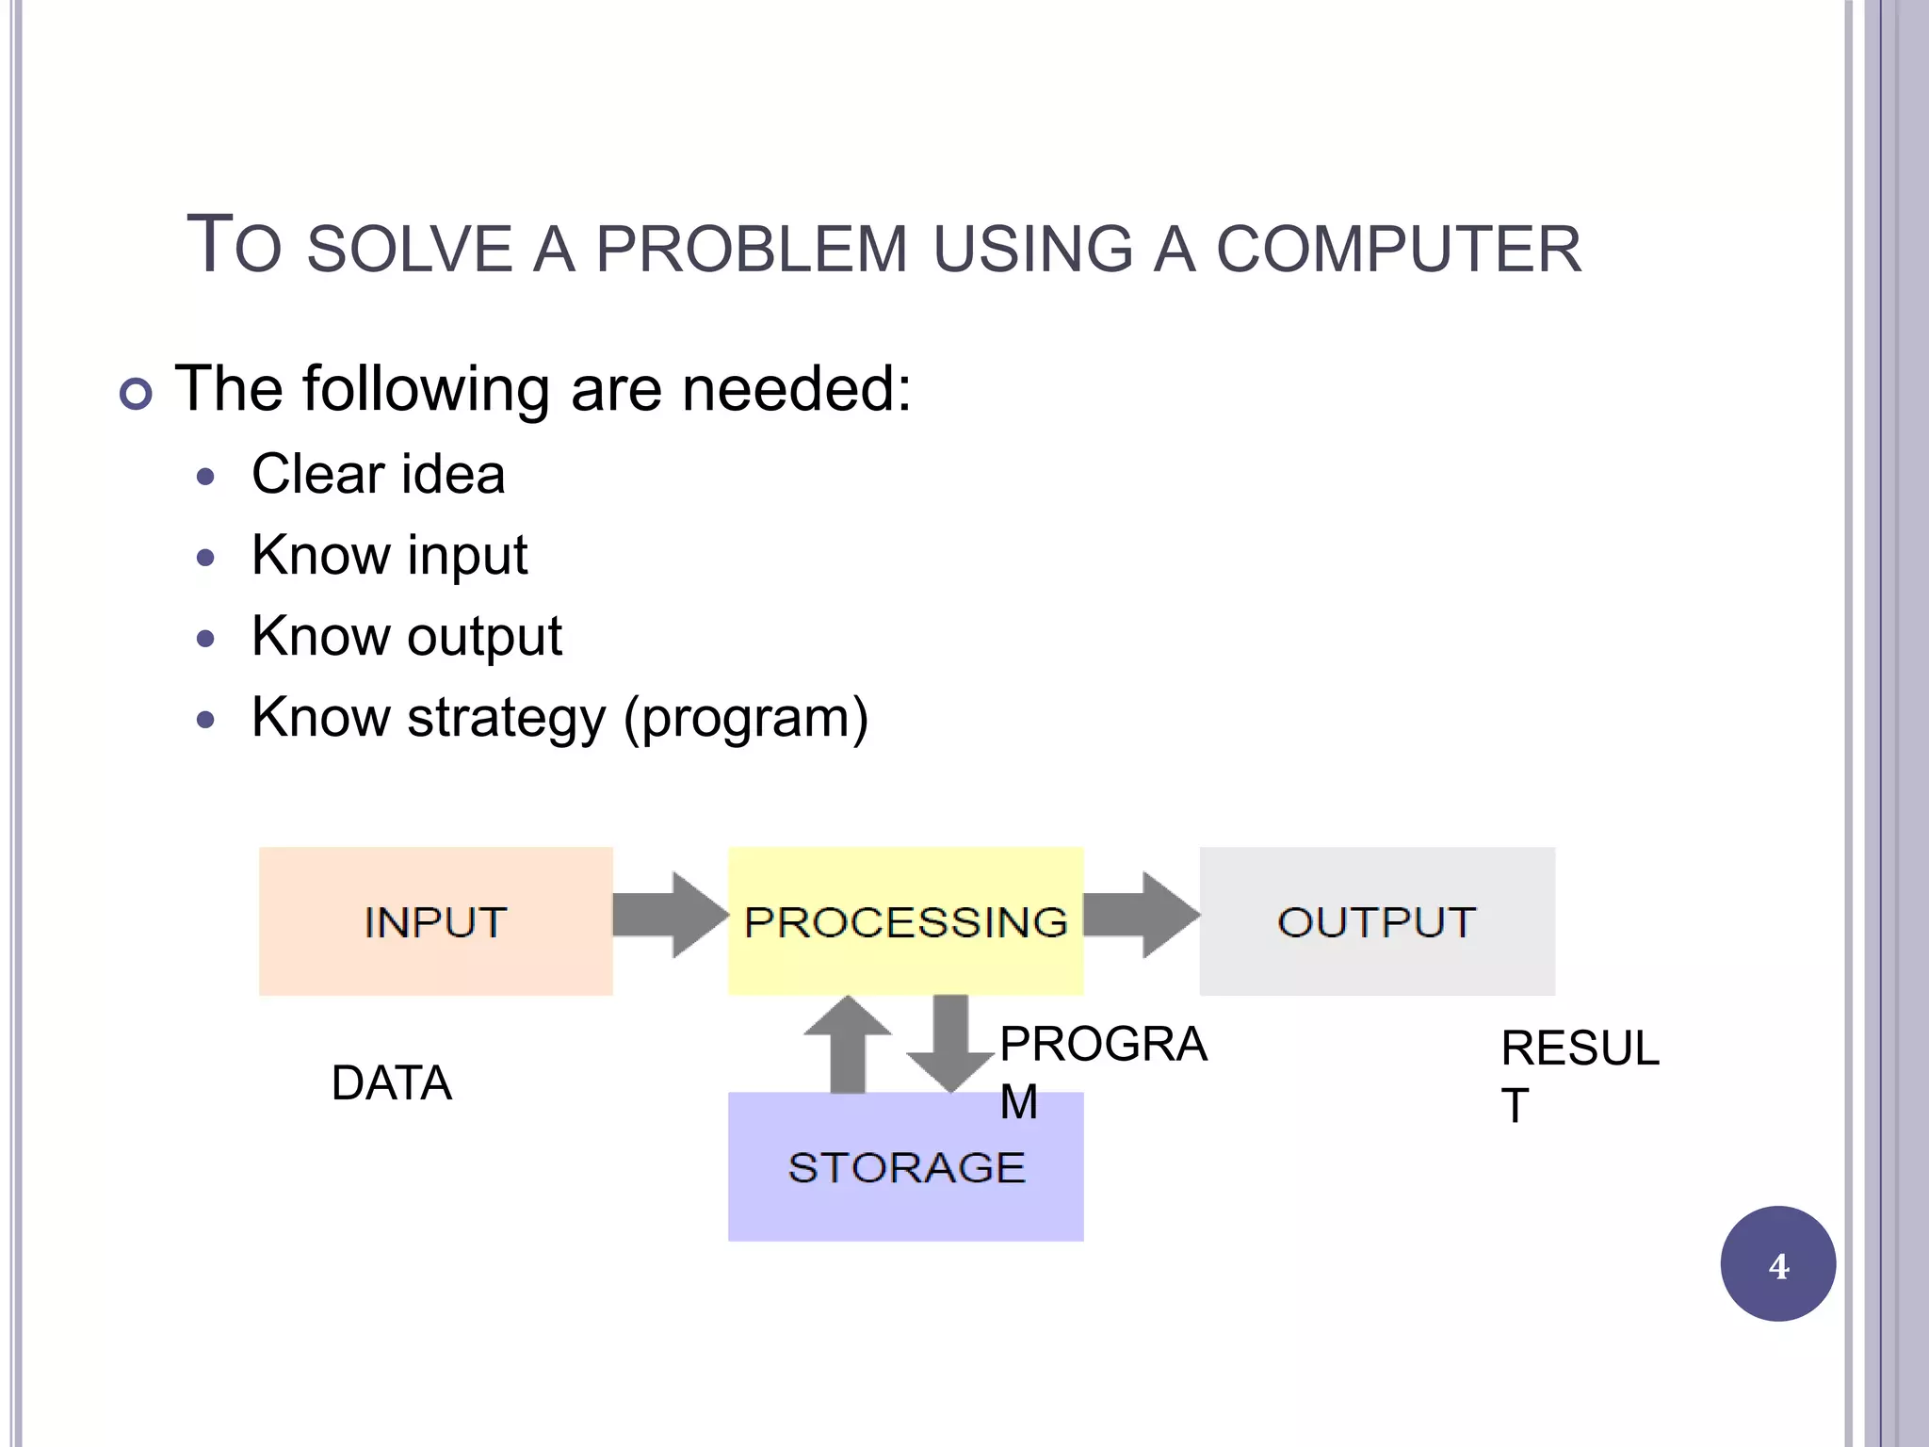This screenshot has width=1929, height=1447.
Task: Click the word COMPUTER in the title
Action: (1399, 250)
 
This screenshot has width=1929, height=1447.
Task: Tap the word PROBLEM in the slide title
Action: (751, 250)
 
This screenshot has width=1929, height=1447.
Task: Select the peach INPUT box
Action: (435, 921)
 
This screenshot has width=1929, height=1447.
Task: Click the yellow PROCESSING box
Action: (905, 921)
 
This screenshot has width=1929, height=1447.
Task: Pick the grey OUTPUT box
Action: (1376, 921)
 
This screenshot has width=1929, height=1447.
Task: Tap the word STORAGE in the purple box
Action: (905, 1168)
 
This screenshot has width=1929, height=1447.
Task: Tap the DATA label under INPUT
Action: (392, 1083)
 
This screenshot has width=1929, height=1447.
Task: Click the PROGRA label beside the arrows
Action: (1103, 1044)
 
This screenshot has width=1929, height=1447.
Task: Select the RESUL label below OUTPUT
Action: (1580, 1049)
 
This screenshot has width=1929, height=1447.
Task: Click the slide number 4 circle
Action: (1777, 1264)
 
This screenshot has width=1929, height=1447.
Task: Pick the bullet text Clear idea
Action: (378, 474)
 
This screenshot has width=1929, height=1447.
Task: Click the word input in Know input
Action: (467, 556)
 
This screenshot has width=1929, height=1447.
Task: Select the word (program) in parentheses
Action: (746, 719)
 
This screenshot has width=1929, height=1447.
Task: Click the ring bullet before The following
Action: (137, 393)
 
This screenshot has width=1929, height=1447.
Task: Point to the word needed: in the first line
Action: (796, 389)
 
